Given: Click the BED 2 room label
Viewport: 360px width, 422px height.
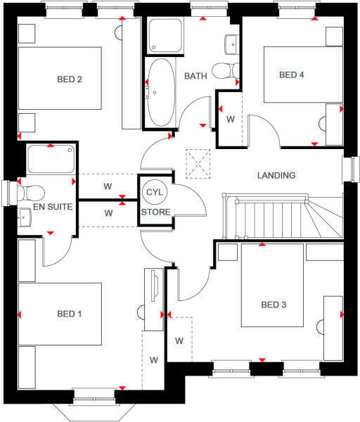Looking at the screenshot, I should [70, 79].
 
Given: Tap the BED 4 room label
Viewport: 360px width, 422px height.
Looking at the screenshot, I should [293, 75].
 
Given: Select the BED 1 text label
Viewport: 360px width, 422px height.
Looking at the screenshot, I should [70, 314].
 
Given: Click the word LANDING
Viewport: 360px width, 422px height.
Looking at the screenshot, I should [276, 175].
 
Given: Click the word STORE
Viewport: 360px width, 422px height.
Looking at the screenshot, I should [155, 211].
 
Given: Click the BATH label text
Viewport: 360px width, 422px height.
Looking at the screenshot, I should [195, 76].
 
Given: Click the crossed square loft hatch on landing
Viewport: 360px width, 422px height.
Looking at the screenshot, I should [198, 164].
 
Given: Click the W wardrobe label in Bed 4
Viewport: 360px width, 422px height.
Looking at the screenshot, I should [231, 119].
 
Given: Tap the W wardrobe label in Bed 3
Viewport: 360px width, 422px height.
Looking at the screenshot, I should [179, 340].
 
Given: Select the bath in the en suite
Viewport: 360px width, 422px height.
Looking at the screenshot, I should [50, 160].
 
